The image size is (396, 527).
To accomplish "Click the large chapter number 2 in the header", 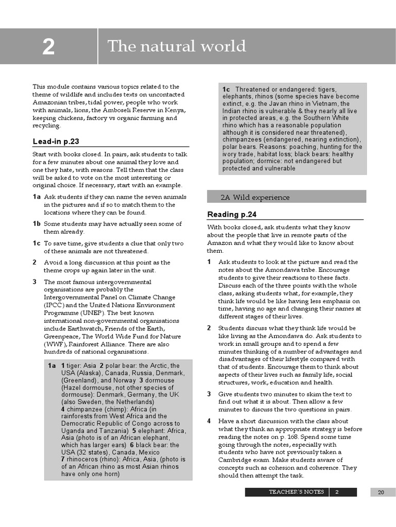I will (x=48, y=47).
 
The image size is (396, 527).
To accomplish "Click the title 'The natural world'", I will (x=176, y=46).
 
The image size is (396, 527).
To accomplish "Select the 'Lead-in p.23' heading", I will (x=56, y=142).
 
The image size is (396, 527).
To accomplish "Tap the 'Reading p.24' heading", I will (x=232, y=214).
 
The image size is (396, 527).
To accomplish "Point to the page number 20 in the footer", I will (x=381, y=492).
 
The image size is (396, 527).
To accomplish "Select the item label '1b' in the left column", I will (x=36, y=224).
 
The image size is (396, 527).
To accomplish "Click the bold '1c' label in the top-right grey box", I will (x=226, y=90).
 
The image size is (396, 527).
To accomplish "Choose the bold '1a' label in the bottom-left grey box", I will (x=52, y=365).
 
